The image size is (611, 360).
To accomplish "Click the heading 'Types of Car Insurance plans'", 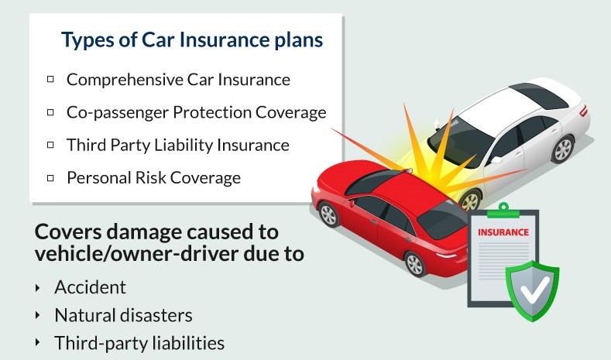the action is tap(192, 40).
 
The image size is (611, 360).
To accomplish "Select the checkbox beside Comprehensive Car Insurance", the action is tap(50, 80).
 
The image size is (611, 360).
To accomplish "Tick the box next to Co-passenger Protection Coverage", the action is tap(50, 112).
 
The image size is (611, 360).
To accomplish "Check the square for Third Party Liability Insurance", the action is tap(50, 145).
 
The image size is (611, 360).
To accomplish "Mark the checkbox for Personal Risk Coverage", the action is tap(50, 177).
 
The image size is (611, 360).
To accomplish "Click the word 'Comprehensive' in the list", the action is tap(125, 81).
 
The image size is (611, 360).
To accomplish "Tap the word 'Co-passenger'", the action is tap(117, 113).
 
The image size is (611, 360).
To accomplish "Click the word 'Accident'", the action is tap(90, 287).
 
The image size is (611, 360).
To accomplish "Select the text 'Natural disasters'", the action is tap(123, 315).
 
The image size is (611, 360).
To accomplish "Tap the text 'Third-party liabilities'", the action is tap(139, 343).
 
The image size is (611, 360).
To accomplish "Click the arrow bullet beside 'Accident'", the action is tap(37, 288).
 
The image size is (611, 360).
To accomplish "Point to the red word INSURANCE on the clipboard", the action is tap(503, 232).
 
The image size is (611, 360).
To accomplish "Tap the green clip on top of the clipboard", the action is tap(503, 211).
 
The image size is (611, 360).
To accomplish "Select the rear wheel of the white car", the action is tap(562, 149).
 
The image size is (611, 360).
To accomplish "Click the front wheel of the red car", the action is tap(328, 214).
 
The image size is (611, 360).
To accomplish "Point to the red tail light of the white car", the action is tap(583, 111).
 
